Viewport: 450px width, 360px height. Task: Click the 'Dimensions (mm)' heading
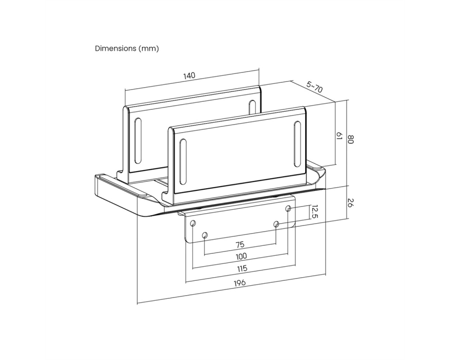[x=126, y=49]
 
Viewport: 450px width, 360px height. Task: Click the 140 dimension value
[x=189, y=76]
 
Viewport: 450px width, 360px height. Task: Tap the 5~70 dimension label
[x=315, y=87]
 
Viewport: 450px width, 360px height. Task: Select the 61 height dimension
[x=339, y=136]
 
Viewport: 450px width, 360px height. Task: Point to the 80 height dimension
[x=351, y=139]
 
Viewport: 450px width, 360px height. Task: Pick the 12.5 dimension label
[x=315, y=211]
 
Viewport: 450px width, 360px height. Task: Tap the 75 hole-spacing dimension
[x=240, y=245]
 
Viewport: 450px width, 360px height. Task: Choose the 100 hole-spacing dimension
[x=241, y=256]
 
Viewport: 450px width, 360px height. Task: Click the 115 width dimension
[x=242, y=269]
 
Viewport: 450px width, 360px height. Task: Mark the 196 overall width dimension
[x=240, y=283]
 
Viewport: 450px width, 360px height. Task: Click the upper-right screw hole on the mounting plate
[x=288, y=208]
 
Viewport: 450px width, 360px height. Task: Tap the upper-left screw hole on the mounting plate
[x=193, y=223]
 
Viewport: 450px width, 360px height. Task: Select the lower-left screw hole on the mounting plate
[x=205, y=235]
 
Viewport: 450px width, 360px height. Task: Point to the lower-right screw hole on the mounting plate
[x=276, y=224]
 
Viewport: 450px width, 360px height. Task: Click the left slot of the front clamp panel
[x=183, y=162]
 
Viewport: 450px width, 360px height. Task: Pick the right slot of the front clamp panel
[x=297, y=144]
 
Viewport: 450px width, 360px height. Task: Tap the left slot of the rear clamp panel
[x=138, y=141]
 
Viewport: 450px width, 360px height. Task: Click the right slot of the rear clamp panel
[x=252, y=108]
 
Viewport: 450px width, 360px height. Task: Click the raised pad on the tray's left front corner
[x=122, y=187]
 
